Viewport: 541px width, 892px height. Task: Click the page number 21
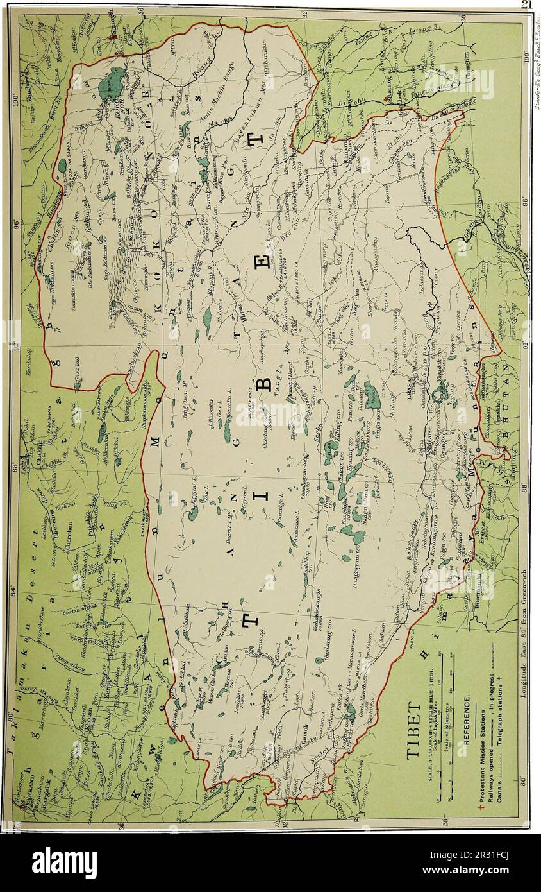coord(527,4)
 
